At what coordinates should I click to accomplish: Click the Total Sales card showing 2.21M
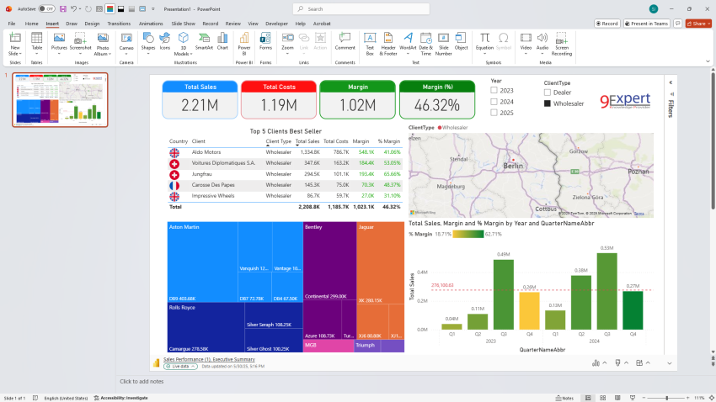coord(200,99)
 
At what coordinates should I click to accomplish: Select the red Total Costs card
coord(279,99)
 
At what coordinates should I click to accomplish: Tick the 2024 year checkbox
coord(494,102)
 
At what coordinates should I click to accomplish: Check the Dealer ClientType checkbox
coord(547,93)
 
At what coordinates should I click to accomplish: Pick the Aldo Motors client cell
coord(206,152)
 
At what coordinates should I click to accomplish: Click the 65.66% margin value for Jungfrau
coord(391,174)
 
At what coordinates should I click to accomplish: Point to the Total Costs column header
coord(335,141)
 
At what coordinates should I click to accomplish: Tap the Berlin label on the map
coord(512,167)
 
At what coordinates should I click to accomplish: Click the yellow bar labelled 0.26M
coord(529,309)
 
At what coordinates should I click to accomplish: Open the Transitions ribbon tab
coord(119,24)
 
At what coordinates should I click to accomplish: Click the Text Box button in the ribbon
coord(369,44)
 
